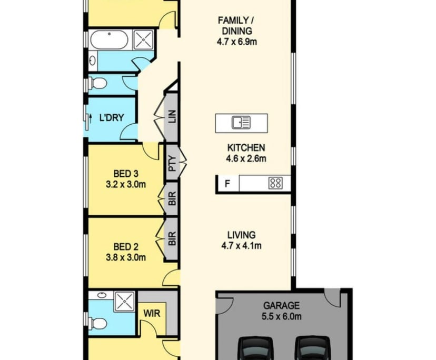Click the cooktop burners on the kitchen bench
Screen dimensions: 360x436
click(275, 183)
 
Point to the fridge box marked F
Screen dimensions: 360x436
click(227, 184)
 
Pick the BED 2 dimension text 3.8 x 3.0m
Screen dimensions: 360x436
click(126, 257)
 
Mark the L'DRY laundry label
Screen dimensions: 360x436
click(111, 117)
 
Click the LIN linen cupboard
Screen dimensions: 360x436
click(172, 115)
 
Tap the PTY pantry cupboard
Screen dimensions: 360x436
click(172, 163)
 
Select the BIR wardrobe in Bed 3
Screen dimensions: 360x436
click(172, 198)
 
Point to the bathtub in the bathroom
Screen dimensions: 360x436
click(109, 39)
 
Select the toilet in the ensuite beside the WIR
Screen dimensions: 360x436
click(95, 322)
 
